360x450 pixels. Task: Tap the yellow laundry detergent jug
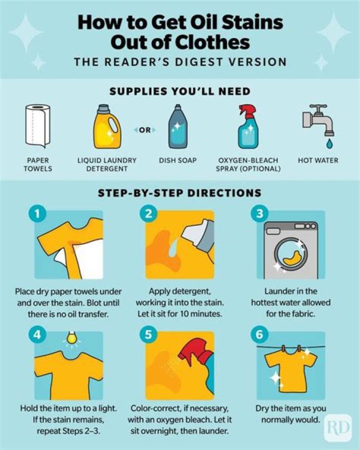(x=106, y=127)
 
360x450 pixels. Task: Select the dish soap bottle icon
(x=177, y=128)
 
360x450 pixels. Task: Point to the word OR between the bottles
(x=144, y=131)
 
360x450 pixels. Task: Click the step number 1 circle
(x=37, y=215)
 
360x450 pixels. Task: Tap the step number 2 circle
(x=148, y=215)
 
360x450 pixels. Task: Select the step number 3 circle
(x=259, y=215)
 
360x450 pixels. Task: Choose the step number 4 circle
(x=37, y=334)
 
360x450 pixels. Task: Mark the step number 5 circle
(x=148, y=334)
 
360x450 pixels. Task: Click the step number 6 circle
(x=259, y=334)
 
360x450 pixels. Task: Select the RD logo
(x=338, y=427)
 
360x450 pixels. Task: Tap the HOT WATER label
(x=318, y=161)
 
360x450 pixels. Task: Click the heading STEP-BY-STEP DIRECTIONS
(x=180, y=193)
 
